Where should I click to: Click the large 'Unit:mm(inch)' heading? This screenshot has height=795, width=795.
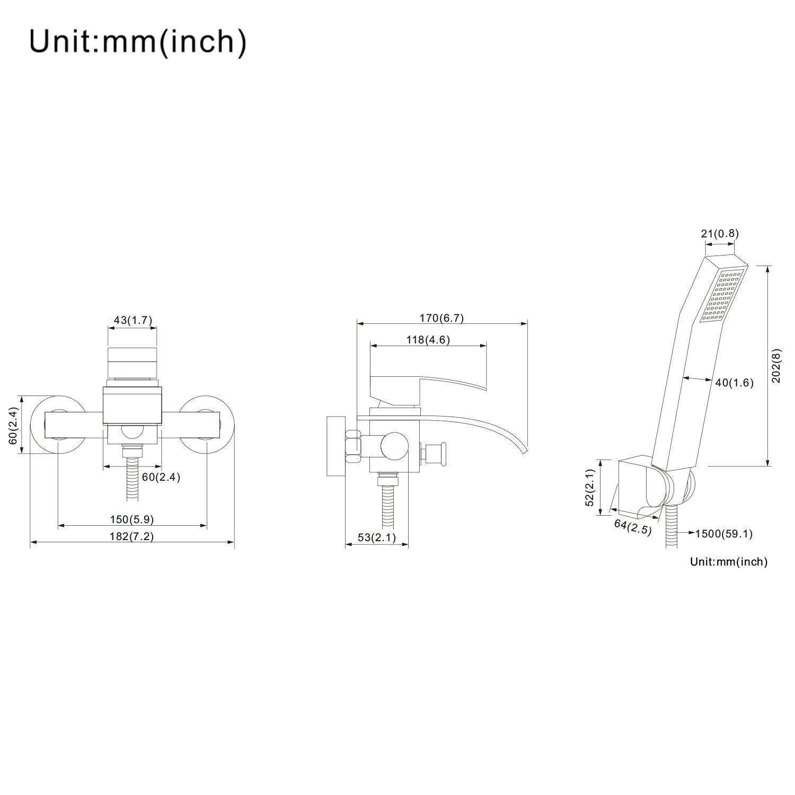click(138, 41)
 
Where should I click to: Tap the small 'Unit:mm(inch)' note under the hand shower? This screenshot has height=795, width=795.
click(729, 562)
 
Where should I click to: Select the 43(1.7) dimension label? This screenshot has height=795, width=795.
click(133, 320)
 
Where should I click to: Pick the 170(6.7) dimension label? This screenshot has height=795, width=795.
click(441, 318)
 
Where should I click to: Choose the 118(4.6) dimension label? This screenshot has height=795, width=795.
click(428, 340)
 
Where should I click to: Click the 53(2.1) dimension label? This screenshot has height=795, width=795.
click(377, 537)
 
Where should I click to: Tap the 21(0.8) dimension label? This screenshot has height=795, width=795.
click(720, 234)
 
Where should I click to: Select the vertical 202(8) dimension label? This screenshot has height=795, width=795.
click(776, 366)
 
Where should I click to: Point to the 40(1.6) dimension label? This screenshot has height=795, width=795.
click(734, 383)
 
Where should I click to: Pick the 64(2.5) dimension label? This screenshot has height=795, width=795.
click(633, 527)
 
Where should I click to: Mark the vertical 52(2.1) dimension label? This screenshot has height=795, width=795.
click(590, 488)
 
